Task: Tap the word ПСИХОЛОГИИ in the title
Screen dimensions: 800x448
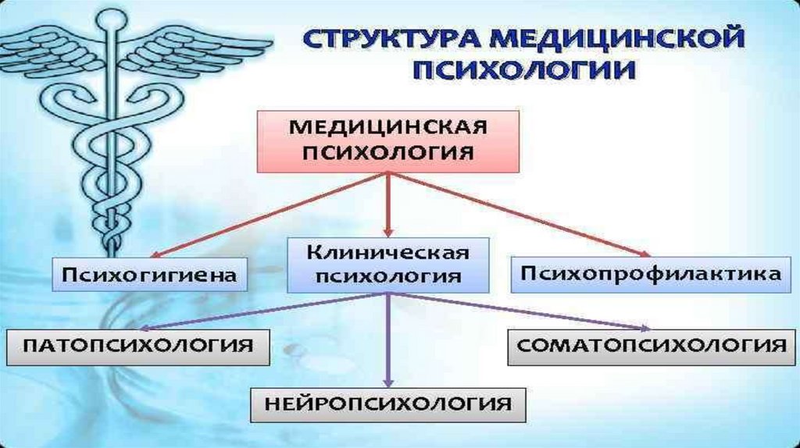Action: coord(524,69)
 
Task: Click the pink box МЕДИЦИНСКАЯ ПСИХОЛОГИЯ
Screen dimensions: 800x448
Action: coord(387,141)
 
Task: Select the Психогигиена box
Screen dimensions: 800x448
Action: coord(149,275)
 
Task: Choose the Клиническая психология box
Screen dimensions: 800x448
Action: coord(387,265)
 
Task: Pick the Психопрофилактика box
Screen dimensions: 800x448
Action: coord(651,275)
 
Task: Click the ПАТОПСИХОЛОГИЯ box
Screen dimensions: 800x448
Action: coord(137,347)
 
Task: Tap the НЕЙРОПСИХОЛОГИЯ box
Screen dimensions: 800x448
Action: coord(387,404)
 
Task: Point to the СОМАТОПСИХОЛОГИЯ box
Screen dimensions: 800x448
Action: coord(651,347)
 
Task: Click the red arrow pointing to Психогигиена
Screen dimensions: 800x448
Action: coord(270,215)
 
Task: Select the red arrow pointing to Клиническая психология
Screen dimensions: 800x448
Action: coord(388,204)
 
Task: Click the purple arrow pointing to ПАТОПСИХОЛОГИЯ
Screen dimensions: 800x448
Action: coord(263,311)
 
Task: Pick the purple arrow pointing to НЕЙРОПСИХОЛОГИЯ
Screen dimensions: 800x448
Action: coord(388,340)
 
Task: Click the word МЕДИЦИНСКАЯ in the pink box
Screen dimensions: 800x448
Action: coord(387,127)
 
